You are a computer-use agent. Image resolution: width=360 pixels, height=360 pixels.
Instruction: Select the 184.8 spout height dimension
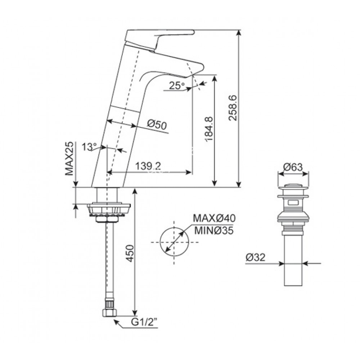coord(208,130)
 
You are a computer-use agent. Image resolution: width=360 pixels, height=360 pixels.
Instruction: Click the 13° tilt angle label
coord(89,147)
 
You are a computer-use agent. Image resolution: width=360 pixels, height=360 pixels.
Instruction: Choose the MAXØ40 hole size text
coord(214,219)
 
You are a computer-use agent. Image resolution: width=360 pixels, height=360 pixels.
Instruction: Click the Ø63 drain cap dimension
coord(292,167)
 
